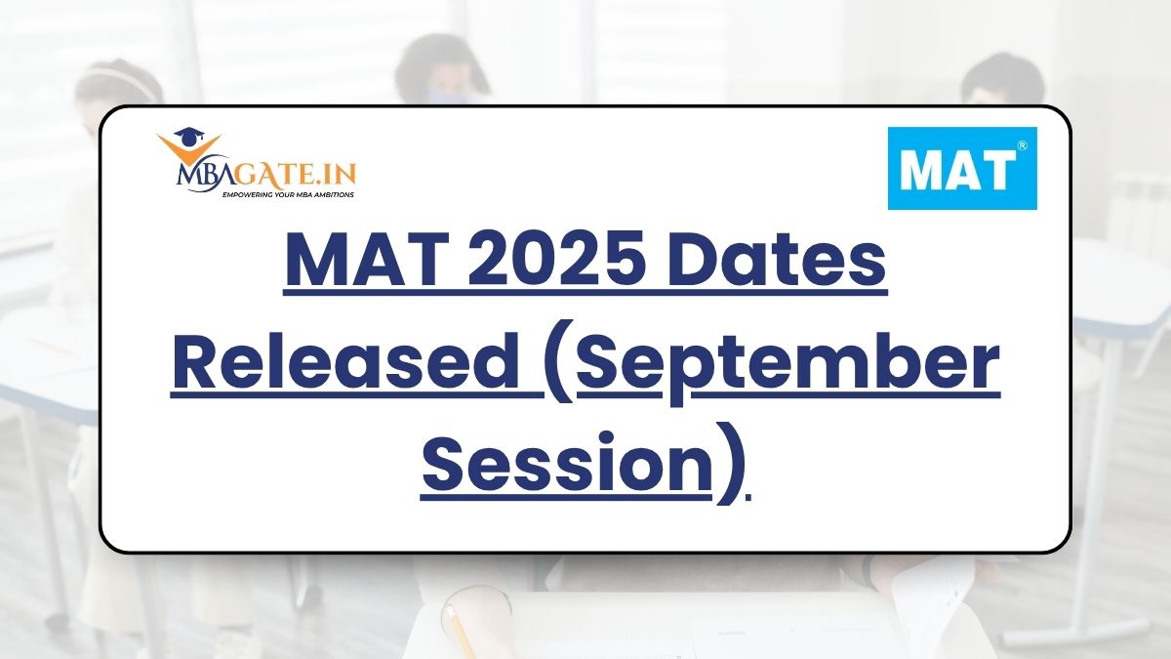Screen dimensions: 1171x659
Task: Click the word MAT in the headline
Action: pos(368,261)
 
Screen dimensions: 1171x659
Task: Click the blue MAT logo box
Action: pos(962,168)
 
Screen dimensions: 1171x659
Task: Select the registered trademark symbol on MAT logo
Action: pos(1022,145)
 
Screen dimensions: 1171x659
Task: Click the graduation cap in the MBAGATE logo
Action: pos(188,137)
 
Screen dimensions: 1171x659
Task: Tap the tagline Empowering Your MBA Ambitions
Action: pos(288,194)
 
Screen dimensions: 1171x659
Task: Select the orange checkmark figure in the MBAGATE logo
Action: pos(189,150)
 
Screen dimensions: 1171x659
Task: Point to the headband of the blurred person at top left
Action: pos(119,78)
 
